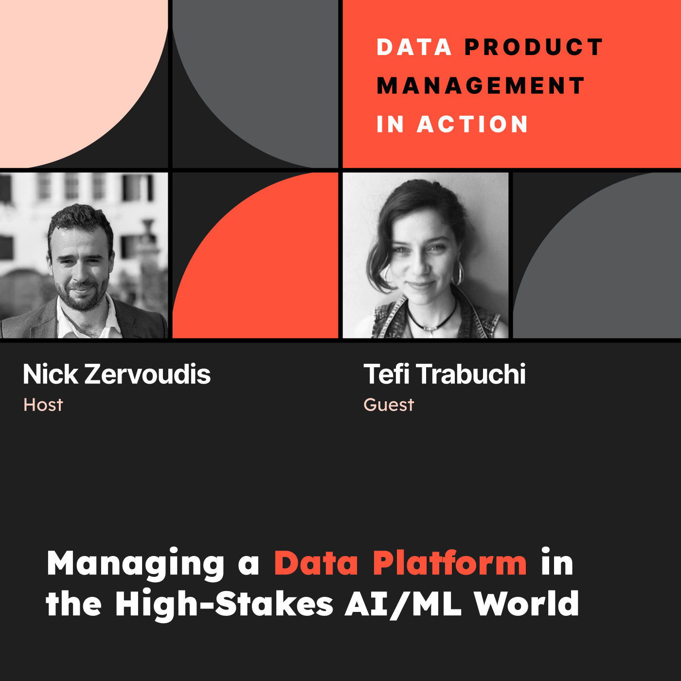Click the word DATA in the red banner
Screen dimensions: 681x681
tap(414, 47)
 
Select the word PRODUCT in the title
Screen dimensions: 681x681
tap(534, 47)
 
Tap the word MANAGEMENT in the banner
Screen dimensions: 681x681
tap(481, 86)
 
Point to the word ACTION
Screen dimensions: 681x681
tap(472, 125)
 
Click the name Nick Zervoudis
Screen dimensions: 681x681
tap(117, 374)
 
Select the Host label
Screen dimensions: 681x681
tap(43, 405)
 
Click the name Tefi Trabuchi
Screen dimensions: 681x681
tap(445, 374)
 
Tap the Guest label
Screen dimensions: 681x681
tap(389, 405)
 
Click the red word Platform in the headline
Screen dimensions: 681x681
tap(449, 563)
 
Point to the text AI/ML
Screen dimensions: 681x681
tap(403, 604)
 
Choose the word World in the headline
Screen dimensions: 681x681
tap(526, 604)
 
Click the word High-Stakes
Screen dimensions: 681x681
tap(224, 604)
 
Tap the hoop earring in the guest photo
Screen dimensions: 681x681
tap(458, 274)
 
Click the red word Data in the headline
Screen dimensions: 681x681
tap(316, 563)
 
